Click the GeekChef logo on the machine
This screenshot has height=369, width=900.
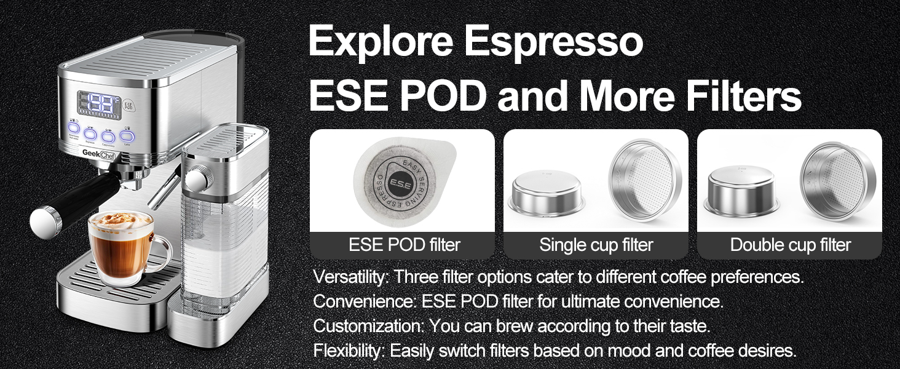point(99,154)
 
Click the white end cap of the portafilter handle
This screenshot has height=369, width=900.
point(45,222)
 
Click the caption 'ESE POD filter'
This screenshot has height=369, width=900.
point(404,245)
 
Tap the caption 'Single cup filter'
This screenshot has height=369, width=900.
point(596,245)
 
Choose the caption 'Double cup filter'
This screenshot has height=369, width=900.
point(791,245)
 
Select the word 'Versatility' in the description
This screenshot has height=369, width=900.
point(349,277)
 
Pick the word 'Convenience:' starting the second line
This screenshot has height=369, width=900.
point(364,301)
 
